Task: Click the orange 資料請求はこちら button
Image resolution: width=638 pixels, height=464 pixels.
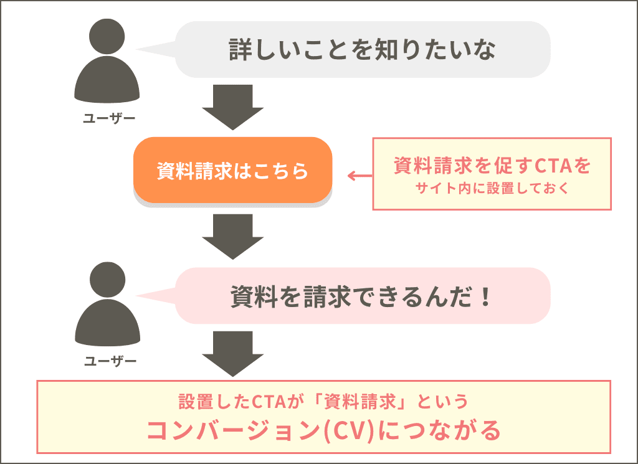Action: point(232,170)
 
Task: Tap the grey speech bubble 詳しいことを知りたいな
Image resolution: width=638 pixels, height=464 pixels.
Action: point(362,50)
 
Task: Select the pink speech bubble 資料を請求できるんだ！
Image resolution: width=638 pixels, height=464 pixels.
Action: point(362,296)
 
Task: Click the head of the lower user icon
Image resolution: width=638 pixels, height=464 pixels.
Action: point(107,282)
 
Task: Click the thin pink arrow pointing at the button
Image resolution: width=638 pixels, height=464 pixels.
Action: point(359,176)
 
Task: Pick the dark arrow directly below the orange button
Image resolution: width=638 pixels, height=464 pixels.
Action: point(232,235)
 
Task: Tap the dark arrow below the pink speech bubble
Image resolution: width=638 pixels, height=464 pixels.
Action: point(232,353)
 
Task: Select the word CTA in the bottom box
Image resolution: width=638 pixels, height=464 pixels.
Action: point(269,402)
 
